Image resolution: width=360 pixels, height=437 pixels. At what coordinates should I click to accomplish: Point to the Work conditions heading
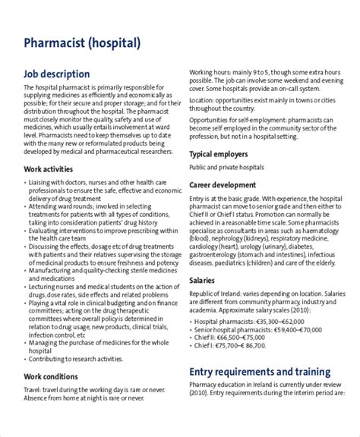coord(50,376)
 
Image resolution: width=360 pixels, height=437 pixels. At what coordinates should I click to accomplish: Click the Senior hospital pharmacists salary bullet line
coord(251,332)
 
